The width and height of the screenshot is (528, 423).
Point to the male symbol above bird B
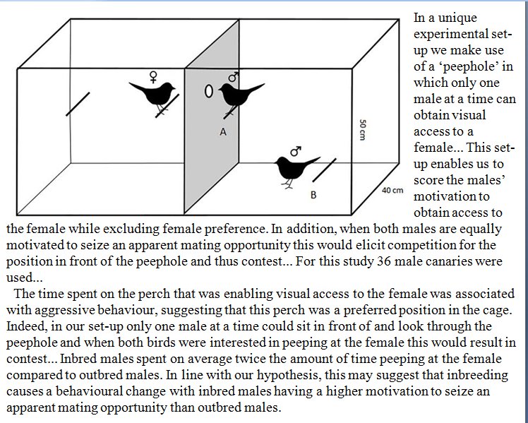(x=295, y=150)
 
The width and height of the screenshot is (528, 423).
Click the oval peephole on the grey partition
(x=209, y=91)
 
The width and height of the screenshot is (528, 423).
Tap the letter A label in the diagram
(x=223, y=131)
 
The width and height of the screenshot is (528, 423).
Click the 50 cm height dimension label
(x=361, y=128)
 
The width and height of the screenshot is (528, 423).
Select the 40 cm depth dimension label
(x=392, y=190)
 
